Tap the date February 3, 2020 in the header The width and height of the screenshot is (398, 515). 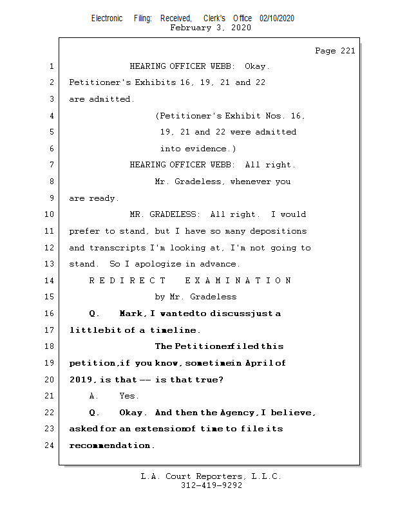(x=211, y=28)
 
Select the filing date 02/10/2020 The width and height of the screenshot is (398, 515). (x=277, y=18)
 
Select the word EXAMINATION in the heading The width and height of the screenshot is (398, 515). (x=238, y=281)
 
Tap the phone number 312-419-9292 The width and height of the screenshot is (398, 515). (x=211, y=486)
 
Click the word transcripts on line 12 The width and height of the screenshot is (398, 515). (x=118, y=248)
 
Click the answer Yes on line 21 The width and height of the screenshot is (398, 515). (x=129, y=396)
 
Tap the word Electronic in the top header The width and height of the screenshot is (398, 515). (x=107, y=18)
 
